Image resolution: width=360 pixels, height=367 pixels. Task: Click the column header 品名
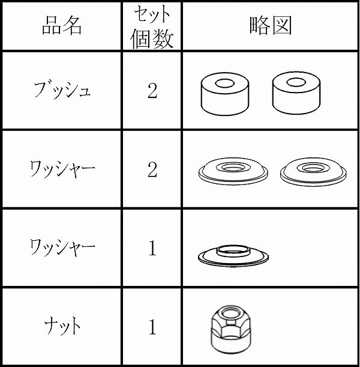click(62, 26)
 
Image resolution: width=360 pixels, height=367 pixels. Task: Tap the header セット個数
click(152, 26)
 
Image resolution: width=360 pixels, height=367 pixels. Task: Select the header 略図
click(271, 25)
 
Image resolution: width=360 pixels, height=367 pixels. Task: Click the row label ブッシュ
click(62, 90)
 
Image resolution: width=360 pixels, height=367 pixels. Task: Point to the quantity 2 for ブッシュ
click(152, 91)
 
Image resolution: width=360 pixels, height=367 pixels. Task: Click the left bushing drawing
click(224, 94)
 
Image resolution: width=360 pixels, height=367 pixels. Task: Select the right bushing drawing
click(296, 93)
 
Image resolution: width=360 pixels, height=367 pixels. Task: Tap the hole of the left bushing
click(224, 83)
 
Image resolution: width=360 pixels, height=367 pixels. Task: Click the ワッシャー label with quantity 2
click(62, 169)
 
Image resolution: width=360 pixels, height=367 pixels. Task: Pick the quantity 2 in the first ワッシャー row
click(152, 169)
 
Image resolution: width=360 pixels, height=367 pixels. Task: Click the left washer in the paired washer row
click(233, 171)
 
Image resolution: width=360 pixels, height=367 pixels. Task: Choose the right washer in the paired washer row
click(313, 172)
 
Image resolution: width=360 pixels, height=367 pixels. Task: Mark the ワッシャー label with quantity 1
click(62, 247)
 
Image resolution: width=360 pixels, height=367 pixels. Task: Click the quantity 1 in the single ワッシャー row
click(152, 248)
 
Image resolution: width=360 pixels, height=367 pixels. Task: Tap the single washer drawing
click(233, 256)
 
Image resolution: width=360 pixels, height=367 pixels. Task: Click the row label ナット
click(62, 326)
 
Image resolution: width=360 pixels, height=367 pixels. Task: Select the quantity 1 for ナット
click(152, 327)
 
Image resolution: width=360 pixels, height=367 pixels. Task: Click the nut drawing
click(231, 330)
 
